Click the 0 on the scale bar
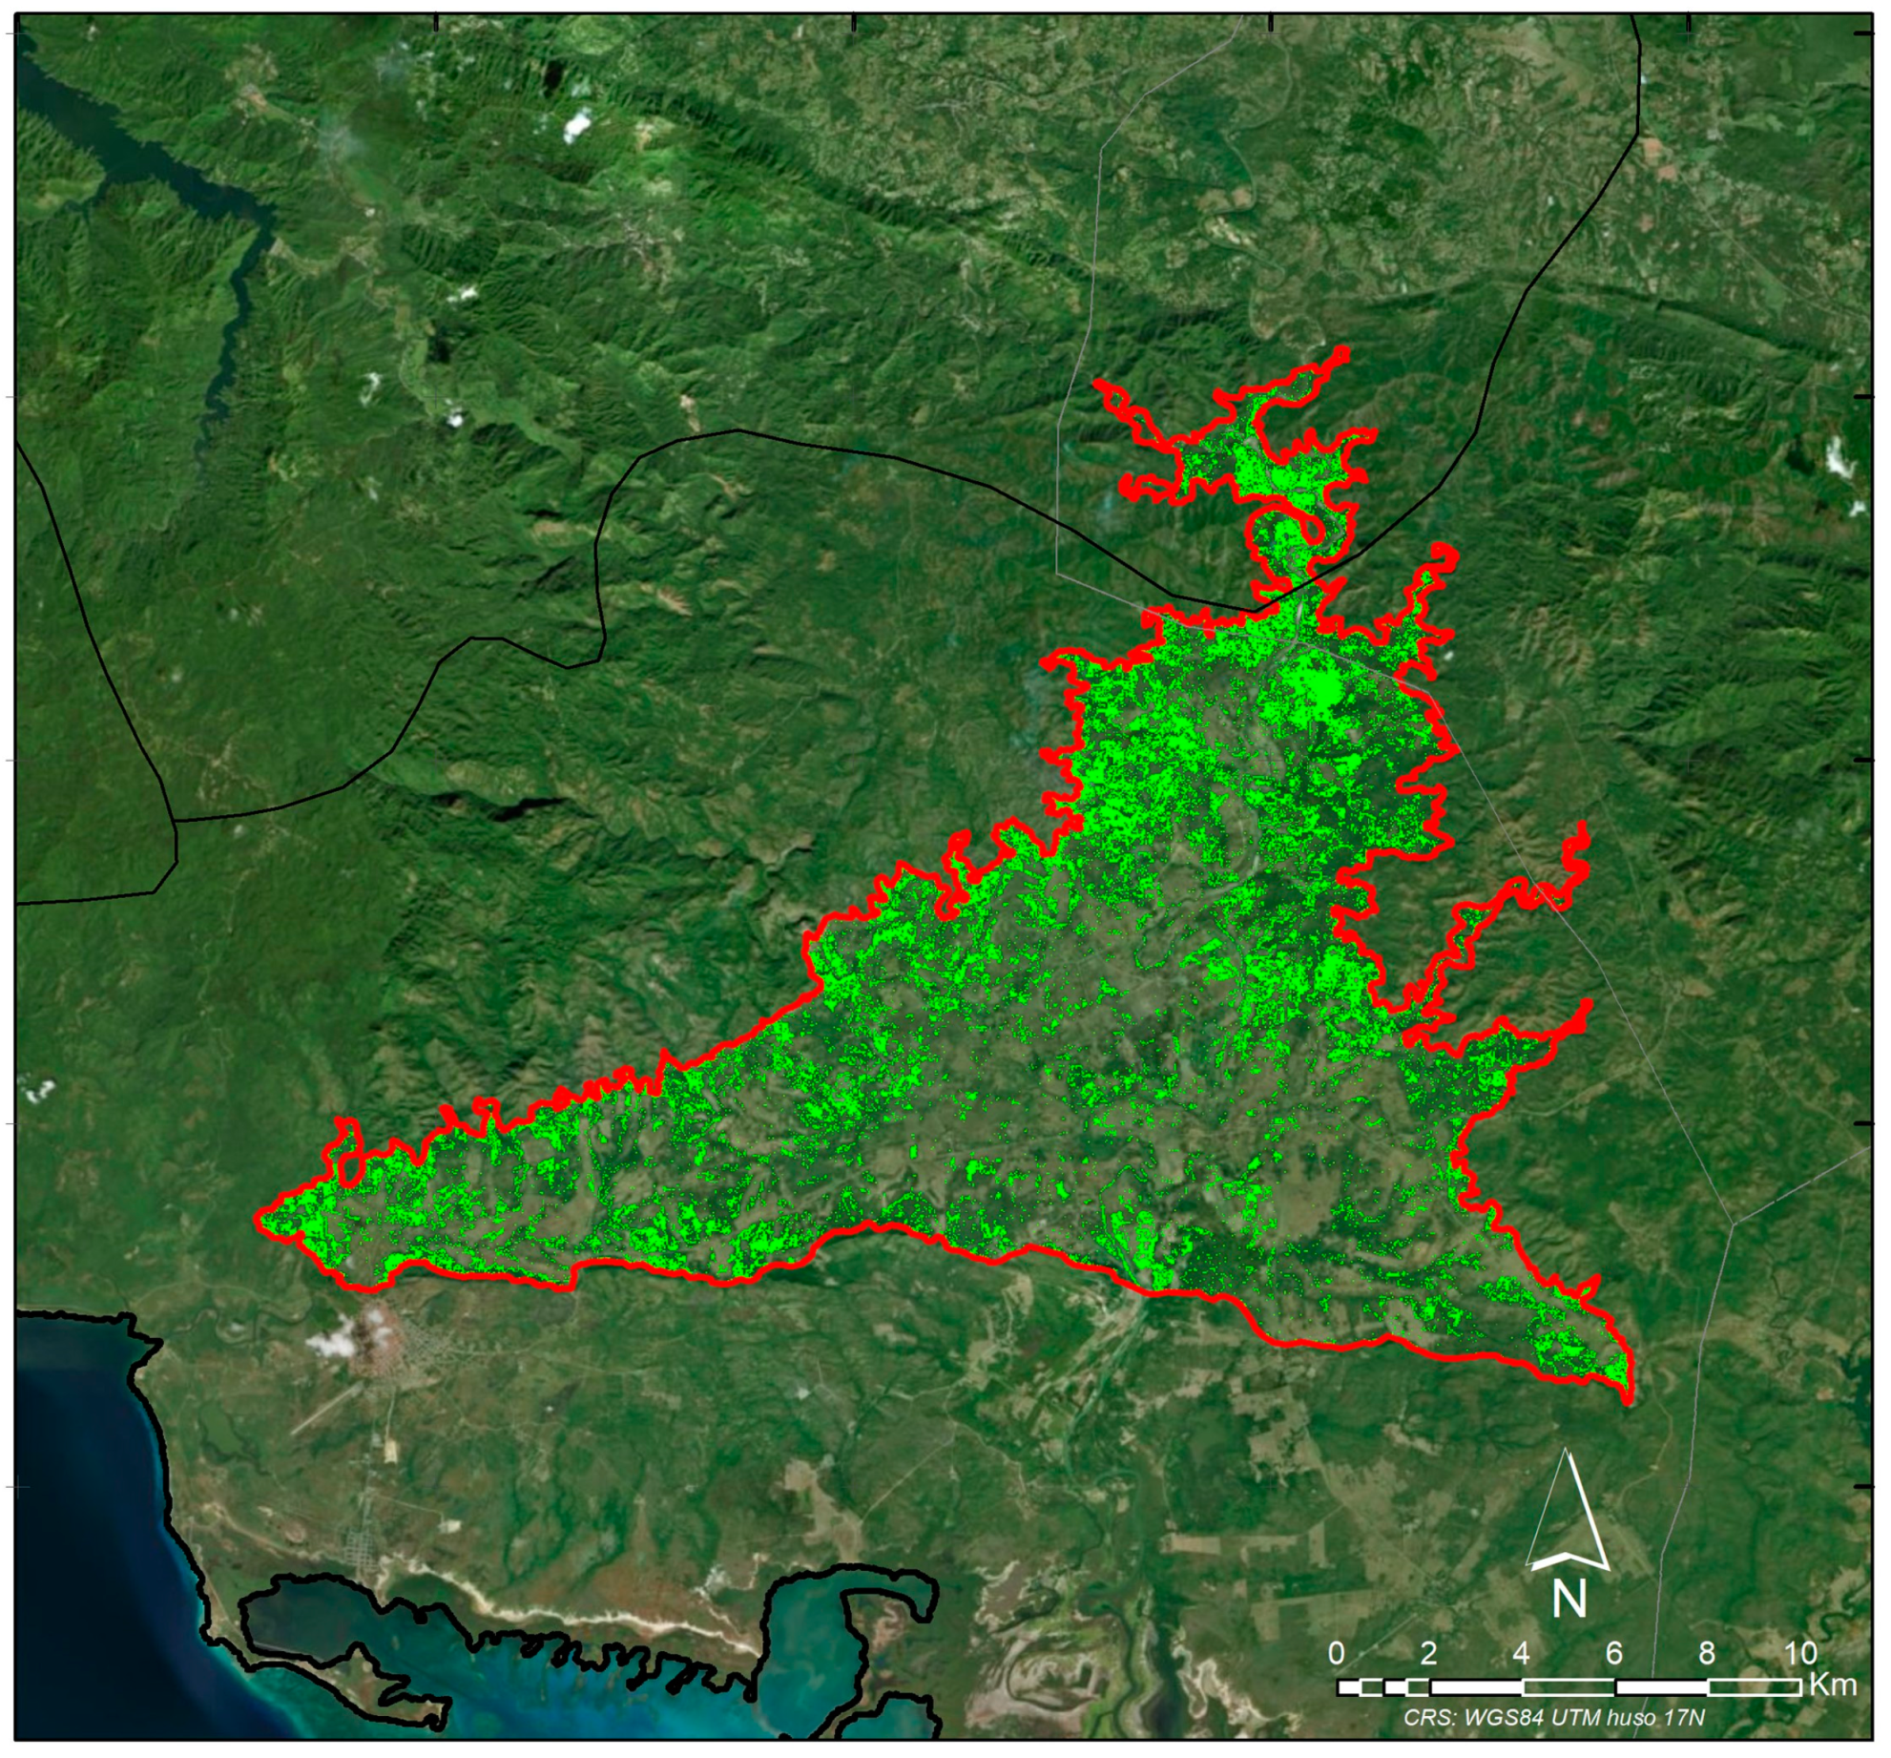click(1336, 1653)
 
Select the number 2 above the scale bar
click(1428, 1653)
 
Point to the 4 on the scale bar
click(1521, 1653)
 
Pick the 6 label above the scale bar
click(1613, 1653)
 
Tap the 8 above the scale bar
click(1707, 1653)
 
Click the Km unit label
click(1833, 1685)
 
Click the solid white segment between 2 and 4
click(1475, 1687)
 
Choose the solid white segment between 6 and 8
click(1660, 1687)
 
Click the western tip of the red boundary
click(260, 1219)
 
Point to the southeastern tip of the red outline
click(1628, 1401)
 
